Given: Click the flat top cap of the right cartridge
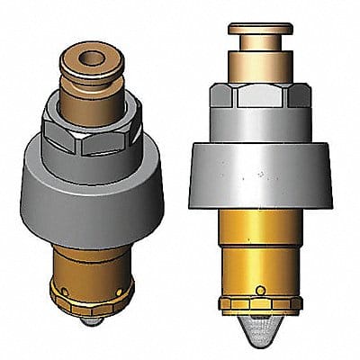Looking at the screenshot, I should [256, 30].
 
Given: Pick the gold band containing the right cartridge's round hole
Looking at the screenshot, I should [234, 290].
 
